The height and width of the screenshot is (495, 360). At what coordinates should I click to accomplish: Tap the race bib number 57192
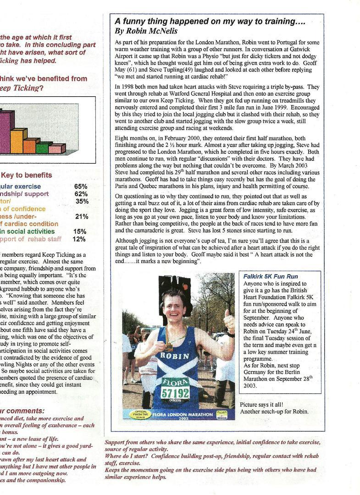pyautogui.click(x=175, y=393)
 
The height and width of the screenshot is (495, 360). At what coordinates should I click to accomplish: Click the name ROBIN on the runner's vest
pyautogui.click(x=174, y=356)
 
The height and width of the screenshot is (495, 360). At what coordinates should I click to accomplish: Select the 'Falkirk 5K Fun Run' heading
pyautogui.click(x=271, y=277)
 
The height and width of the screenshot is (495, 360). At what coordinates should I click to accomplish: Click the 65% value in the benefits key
pyautogui.click(x=81, y=187)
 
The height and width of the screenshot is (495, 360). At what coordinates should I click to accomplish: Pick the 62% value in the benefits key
pyautogui.click(x=81, y=194)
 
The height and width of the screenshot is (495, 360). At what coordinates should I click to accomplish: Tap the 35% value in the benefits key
pyautogui.click(x=82, y=201)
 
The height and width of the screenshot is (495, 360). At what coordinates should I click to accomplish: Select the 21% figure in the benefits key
pyautogui.click(x=82, y=216)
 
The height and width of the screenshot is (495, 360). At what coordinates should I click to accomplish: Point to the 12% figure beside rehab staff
pyautogui.click(x=79, y=239)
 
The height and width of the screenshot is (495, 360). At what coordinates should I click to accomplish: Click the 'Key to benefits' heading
pyautogui.click(x=27, y=175)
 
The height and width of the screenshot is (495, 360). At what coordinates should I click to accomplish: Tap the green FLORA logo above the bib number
pyautogui.click(x=175, y=382)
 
